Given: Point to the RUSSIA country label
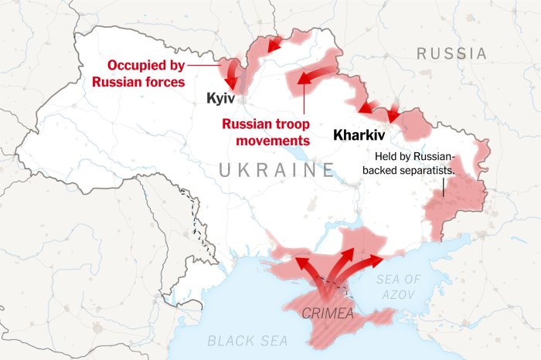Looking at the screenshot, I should click(x=452, y=54).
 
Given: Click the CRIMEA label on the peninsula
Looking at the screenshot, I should click(x=328, y=313).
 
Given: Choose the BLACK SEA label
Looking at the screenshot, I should click(x=247, y=340).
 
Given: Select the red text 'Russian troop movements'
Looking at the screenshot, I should click(x=266, y=132).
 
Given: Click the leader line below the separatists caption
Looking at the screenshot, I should click(x=444, y=188).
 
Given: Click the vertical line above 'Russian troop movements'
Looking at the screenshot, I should click(x=305, y=100).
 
